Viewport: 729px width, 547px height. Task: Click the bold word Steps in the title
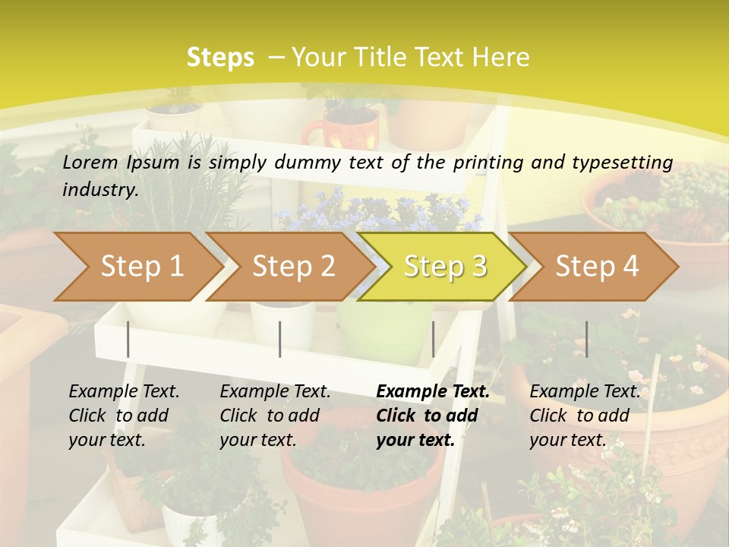pos(220,58)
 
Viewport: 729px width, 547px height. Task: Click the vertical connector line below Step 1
pos(128,339)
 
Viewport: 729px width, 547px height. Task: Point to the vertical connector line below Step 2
pos(280,339)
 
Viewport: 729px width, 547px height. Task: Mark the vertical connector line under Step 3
pos(433,339)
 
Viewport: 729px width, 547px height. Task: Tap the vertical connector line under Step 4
pos(586,339)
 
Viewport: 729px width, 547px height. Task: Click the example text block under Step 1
pos(124,416)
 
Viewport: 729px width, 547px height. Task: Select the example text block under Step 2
pos(275,416)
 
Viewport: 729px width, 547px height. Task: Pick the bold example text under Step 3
pos(433,416)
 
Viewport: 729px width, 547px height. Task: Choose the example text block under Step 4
pos(585,416)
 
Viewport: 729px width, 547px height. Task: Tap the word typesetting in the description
pos(622,163)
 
